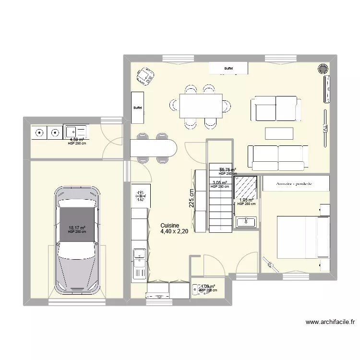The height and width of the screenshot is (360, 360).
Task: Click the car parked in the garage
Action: coord(78,240)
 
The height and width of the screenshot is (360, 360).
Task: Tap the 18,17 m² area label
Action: coord(77,228)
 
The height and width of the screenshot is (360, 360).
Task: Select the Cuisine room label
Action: coord(170,225)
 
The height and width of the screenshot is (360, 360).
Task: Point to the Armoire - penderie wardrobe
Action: coord(296,183)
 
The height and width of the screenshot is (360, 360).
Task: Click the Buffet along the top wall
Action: coord(228,69)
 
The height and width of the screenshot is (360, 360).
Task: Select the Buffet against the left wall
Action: coord(138,108)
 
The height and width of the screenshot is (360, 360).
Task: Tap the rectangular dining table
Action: coord(201,106)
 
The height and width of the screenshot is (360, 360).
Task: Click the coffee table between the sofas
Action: coord(279,133)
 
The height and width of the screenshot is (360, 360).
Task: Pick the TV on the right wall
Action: coord(325,129)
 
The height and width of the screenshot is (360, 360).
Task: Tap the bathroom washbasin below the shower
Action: coord(246,222)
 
